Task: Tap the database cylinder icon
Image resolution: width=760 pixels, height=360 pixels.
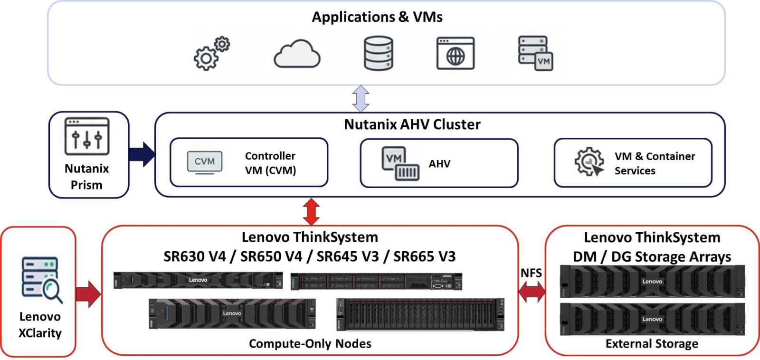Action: point(378,53)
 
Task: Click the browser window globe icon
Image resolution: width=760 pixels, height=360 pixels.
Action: point(455,53)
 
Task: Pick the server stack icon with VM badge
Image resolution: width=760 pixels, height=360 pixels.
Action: point(535,53)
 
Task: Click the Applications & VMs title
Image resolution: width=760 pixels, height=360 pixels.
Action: point(377,17)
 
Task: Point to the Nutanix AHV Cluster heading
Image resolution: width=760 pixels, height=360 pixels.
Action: point(412,124)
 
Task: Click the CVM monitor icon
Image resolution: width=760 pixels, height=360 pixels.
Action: point(205,162)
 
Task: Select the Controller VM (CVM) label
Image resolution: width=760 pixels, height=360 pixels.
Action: point(270,163)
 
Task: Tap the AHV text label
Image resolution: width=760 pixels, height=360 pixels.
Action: point(439,164)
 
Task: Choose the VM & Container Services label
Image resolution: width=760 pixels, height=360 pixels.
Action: point(655,163)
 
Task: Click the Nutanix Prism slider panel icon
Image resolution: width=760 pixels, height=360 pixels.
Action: point(87,137)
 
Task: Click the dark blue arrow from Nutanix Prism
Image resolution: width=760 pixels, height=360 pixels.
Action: point(142,154)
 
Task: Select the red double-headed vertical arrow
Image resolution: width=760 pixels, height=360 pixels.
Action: point(311,211)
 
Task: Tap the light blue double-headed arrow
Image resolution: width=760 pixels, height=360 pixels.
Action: point(361,99)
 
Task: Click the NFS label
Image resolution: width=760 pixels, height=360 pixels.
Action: point(531,273)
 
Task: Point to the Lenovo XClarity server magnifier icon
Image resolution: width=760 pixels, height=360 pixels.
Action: point(41,280)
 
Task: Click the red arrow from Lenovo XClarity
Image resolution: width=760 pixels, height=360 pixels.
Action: point(88,294)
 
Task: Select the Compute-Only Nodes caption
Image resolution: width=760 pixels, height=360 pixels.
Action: point(310,343)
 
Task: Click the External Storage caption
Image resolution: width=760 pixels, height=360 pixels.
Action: point(652,343)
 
